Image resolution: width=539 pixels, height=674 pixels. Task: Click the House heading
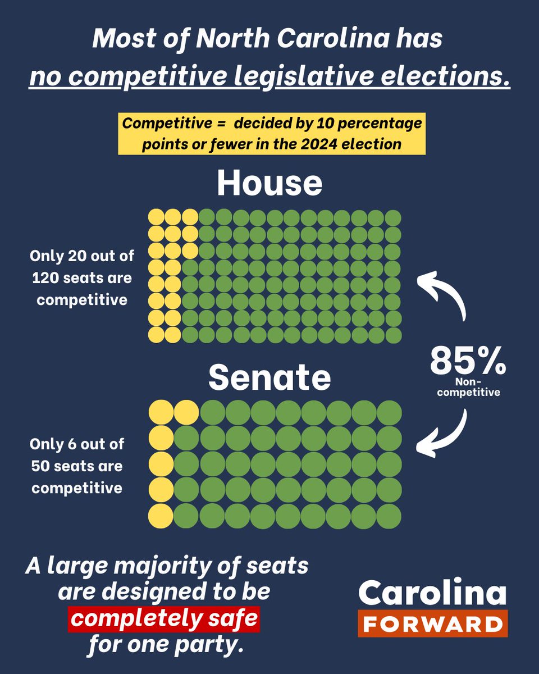pyautogui.click(x=269, y=183)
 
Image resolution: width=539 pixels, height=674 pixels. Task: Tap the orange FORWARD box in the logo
pyautogui.click(x=432, y=623)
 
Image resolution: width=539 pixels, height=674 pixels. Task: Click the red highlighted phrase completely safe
pyautogui.click(x=165, y=619)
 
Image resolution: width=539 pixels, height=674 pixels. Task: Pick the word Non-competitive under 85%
pyautogui.click(x=468, y=388)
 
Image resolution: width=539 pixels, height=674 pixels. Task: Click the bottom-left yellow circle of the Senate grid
pyautogui.click(x=161, y=516)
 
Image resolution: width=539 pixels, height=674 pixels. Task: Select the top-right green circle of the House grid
pyautogui.click(x=394, y=217)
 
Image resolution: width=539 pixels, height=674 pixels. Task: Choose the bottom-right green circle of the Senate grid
pyautogui.click(x=389, y=516)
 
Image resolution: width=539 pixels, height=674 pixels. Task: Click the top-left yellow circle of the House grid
pyautogui.click(x=156, y=217)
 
